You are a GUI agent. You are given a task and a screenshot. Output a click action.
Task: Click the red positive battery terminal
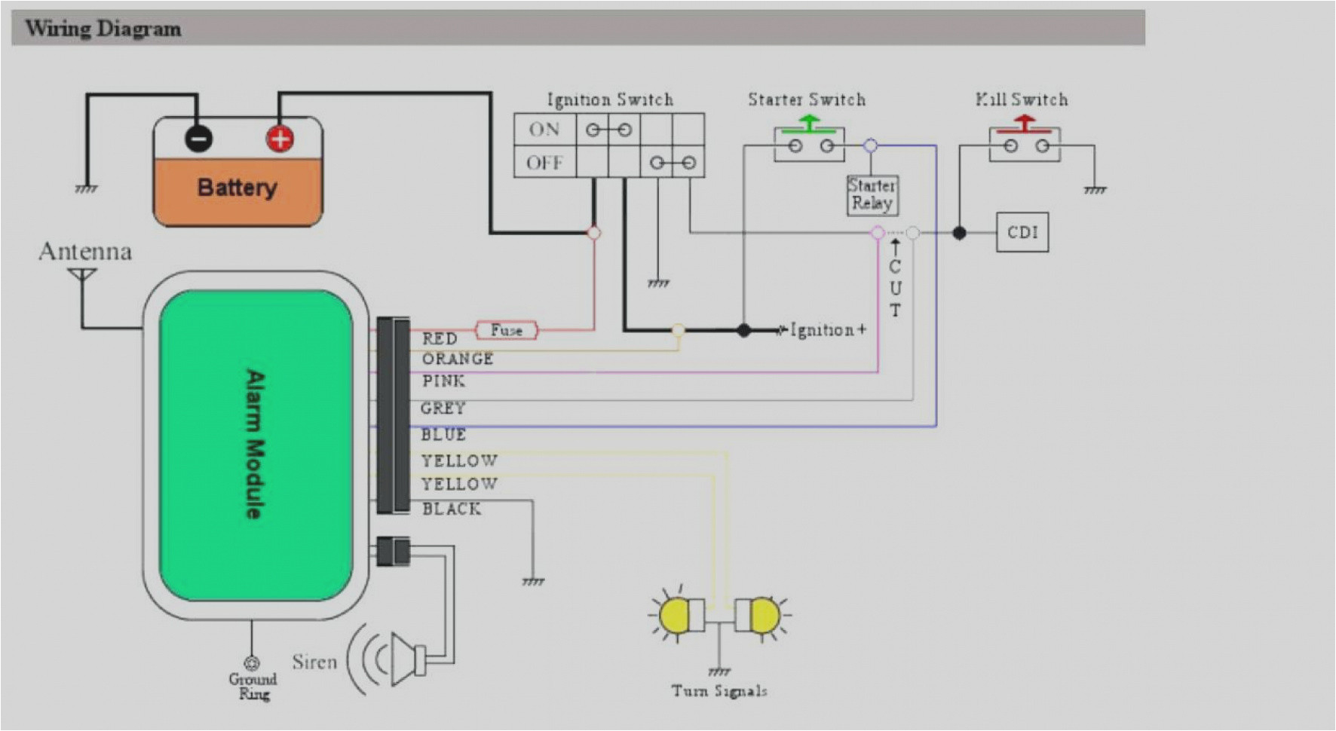279,139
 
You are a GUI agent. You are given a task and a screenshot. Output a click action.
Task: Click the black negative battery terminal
199,139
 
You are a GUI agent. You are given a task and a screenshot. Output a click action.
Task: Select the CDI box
1022,232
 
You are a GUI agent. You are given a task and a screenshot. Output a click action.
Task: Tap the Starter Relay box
872,194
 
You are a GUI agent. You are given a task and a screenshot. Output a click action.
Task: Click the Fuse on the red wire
506,330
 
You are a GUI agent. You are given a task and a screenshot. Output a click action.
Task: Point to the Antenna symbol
82,276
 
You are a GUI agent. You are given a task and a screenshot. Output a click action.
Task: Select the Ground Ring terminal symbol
253,663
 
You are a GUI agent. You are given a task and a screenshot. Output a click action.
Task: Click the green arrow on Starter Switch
809,122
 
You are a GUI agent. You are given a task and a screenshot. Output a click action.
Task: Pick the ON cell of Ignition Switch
544,130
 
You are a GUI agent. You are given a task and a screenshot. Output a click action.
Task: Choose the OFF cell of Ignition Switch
544,163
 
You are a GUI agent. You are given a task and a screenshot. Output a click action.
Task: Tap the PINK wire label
443,381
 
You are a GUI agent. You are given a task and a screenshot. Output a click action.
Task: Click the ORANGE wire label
457,359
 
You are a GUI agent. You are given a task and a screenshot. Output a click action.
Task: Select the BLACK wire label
451,509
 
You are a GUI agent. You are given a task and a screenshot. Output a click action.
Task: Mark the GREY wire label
443,408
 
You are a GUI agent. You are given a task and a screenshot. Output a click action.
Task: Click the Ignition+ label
828,330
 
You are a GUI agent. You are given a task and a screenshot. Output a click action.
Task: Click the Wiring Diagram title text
103,29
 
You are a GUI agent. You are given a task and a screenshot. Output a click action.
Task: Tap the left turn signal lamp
676,616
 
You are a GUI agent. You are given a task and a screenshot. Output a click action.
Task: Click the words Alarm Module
256,445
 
